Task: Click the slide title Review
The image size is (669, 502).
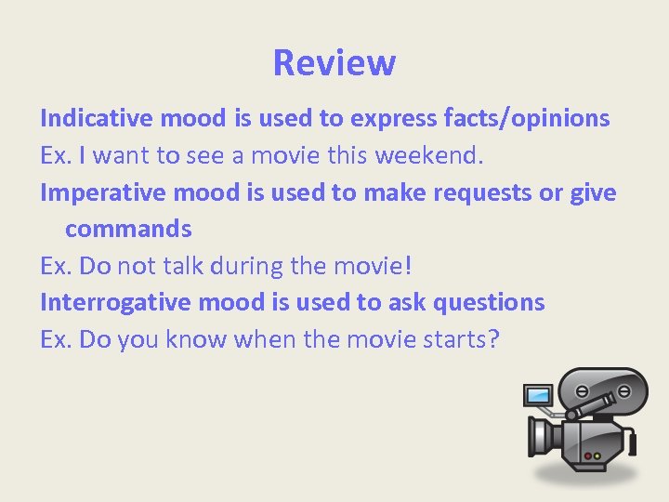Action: click(x=334, y=63)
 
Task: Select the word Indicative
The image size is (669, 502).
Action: click(x=97, y=118)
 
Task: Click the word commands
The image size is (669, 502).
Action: click(x=128, y=229)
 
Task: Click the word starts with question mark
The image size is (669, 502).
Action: click(x=455, y=339)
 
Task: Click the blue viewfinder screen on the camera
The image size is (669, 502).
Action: click(x=538, y=395)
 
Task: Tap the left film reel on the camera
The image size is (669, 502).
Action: click(x=581, y=390)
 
